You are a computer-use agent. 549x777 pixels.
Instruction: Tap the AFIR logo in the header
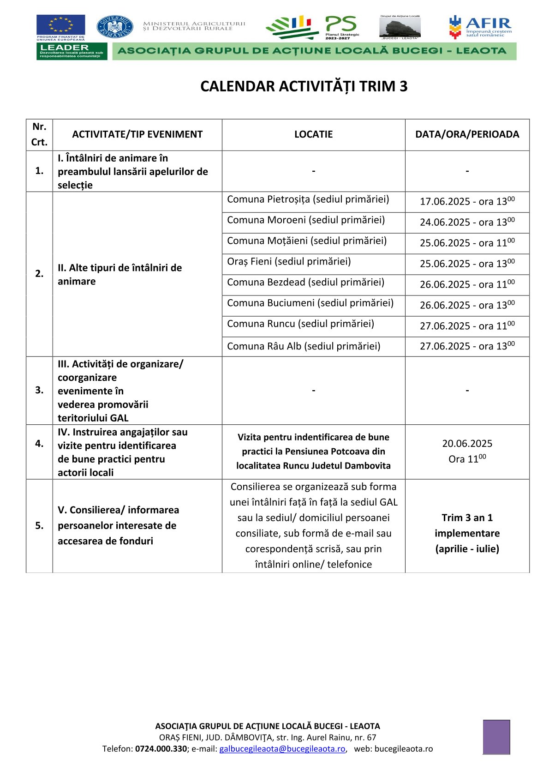tap(481, 27)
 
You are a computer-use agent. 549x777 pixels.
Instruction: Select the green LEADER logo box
tap(72, 51)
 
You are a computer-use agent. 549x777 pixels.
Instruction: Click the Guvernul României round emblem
tap(114, 27)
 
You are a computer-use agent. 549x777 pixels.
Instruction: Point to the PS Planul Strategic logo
tap(341, 27)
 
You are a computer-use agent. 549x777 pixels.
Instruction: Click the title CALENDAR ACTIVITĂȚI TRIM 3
tap(304, 86)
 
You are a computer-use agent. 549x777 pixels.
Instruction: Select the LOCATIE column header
tap(313, 134)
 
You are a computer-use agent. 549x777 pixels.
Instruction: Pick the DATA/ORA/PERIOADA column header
tap(467, 134)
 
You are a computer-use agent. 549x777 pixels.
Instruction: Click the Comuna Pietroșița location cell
tap(308, 199)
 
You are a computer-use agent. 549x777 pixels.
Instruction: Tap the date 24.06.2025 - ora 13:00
tap(467, 222)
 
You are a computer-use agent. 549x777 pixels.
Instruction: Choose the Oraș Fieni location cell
tap(289, 262)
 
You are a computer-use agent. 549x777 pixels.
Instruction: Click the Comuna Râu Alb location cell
tap(304, 346)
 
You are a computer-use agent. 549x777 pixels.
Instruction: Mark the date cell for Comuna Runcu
tap(467, 326)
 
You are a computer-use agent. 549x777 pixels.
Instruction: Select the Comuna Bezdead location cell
tap(305, 283)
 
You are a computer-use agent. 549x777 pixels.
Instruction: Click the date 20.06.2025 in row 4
tap(467, 444)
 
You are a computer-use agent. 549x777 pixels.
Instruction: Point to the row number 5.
tap(39, 526)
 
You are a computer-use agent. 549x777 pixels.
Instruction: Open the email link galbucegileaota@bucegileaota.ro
tap(282, 749)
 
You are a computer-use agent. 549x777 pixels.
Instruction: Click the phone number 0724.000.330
tap(161, 749)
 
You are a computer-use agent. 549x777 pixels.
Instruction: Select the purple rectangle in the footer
tap(496, 737)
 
